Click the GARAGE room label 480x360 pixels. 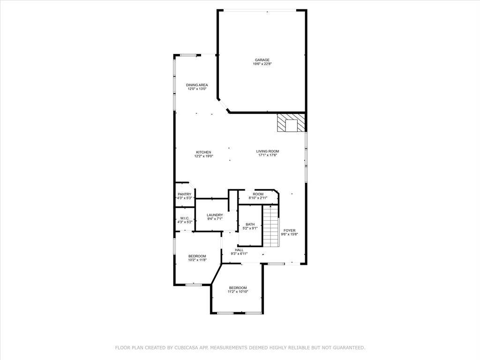[x=262, y=60]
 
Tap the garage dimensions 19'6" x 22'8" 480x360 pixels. [x=262, y=64]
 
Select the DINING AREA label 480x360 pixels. [x=197, y=85]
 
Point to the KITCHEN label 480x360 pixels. [x=203, y=152]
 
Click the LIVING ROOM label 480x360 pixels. [x=268, y=151]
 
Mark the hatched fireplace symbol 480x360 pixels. [x=291, y=123]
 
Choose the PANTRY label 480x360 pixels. [x=185, y=195]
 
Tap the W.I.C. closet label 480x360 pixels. [x=185, y=218]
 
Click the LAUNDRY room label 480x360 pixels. [x=215, y=215]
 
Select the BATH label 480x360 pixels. [x=250, y=225]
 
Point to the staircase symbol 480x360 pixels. [x=271, y=226]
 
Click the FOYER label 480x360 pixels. [x=290, y=231]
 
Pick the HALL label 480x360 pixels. [x=240, y=250]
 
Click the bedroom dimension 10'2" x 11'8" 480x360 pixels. [x=197, y=260]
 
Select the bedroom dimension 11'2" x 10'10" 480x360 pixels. [x=238, y=292]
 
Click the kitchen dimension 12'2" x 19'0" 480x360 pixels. [x=204, y=156]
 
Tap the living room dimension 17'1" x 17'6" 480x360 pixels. [x=268, y=155]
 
